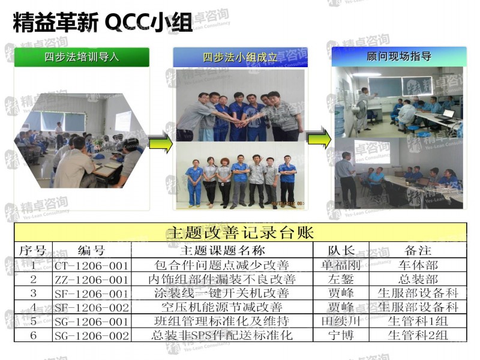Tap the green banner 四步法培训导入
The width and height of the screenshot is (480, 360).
pos(82,58)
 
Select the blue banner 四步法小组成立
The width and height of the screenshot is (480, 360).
pos(240,58)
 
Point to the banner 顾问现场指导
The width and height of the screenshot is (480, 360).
pos(398,56)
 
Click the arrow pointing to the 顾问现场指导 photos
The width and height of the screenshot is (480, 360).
pos(319,137)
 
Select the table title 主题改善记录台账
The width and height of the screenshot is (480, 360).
pos(240,232)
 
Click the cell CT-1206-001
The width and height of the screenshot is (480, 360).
pos(91,265)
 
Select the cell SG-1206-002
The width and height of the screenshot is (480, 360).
pos(91,335)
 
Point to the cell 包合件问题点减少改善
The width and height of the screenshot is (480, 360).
pos(222,265)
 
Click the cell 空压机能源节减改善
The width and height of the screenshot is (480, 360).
pos(222,307)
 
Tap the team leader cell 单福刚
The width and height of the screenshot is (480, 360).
pos(341,265)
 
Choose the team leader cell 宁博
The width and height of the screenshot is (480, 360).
pos(341,335)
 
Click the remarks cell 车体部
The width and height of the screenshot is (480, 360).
pos(418,265)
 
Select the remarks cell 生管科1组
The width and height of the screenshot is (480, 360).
pos(418,322)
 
